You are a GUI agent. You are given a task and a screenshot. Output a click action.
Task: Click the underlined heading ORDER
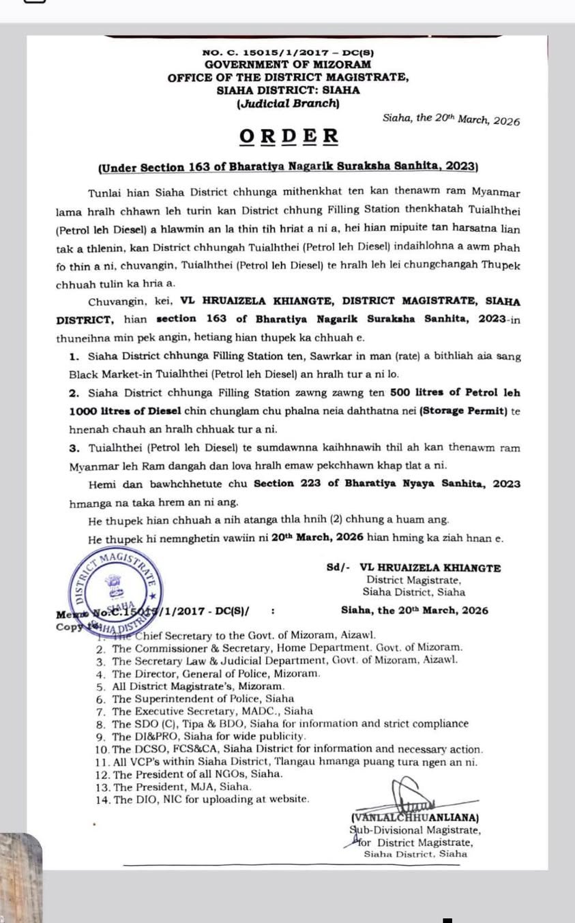point(288,136)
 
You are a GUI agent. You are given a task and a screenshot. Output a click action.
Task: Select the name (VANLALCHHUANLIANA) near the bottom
point(415,817)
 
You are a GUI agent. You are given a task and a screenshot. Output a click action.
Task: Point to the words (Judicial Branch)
point(288,104)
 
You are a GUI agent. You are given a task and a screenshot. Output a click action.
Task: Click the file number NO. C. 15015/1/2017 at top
point(288,53)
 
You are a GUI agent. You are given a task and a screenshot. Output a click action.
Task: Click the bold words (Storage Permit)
point(462,411)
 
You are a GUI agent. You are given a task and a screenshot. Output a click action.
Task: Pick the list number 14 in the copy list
point(103,800)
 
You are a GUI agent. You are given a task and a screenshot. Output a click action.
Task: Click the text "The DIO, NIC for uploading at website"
point(211,800)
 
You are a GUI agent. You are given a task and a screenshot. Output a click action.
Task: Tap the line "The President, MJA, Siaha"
point(182,787)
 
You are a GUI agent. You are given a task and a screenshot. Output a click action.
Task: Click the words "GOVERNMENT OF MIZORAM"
point(288,64)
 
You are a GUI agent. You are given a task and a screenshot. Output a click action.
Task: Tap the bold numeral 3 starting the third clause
point(73,448)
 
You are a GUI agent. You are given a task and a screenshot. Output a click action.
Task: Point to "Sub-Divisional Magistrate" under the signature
point(415,830)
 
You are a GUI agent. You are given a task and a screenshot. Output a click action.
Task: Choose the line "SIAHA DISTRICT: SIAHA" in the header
point(288,90)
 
